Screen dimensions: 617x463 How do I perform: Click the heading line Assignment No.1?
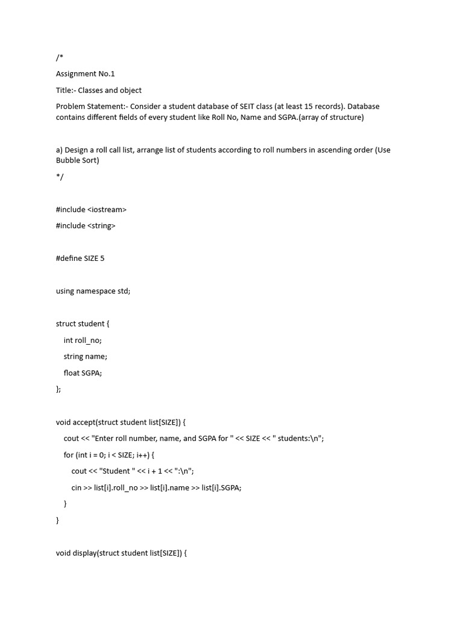pyautogui.click(x=85, y=74)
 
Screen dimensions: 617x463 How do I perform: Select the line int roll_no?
pyautogui.click(x=83, y=340)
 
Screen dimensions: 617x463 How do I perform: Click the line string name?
pyautogui.click(x=85, y=357)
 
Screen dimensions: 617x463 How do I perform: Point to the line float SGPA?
pyautogui.click(x=83, y=373)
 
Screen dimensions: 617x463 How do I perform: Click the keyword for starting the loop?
pyautogui.click(x=68, y=455)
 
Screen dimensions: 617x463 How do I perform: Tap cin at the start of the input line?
pyautogui.click(x=77, y=488)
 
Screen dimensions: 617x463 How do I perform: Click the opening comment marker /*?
pyautogui.click(x=59, y=58)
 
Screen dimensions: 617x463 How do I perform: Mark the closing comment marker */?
pyautogui.click(x=59, y=177)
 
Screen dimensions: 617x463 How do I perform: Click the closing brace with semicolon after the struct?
pyautogui.click(x=58, y=389)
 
